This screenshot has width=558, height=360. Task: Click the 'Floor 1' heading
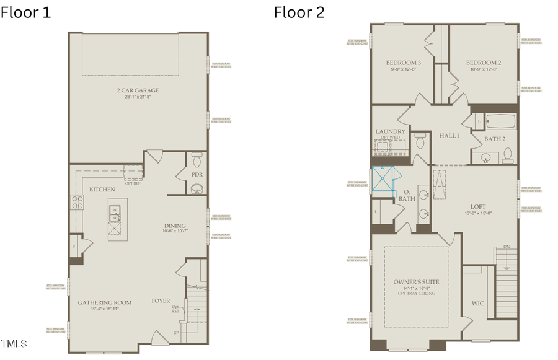pyautogui.click(x=26, y=12)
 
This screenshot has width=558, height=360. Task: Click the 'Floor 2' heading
pyautogui.click(x=299, y=12)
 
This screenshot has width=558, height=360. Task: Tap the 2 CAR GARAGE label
pyautogui.click(x=138, y=91)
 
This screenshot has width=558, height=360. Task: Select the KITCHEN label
pyautogui.click(x=102, y=189)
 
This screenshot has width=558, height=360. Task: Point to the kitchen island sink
pyautogui.click(x=116, y=213)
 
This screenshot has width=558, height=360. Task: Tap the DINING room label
pyautogui.click(x=174, y=226)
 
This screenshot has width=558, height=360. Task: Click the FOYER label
pyautogui.click(x=161, y=301)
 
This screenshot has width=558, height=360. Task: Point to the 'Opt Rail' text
pyautogui.click(x=176, y=309)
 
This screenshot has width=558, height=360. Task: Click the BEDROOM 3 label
pyautogui.click(x=404, y=63)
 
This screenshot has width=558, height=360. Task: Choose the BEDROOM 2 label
pyautogui.click(x=484, y=63)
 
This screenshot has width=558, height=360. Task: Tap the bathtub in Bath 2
pyautogui.click(x=501, y=122)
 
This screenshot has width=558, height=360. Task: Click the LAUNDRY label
pyautogui.click(x=391, y=131)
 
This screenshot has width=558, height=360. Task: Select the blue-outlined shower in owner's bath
pyautogui.click(x=383, y=180)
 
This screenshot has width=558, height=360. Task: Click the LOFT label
pyautogui.click(x=478, y=206)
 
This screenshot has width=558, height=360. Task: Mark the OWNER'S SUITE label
pyautogui.click(x=416, y=282)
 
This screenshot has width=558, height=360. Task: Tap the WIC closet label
pyautogui.click(x=477, y=304)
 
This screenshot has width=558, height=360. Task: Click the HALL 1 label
pyautogui.click(x=449, y=136)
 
